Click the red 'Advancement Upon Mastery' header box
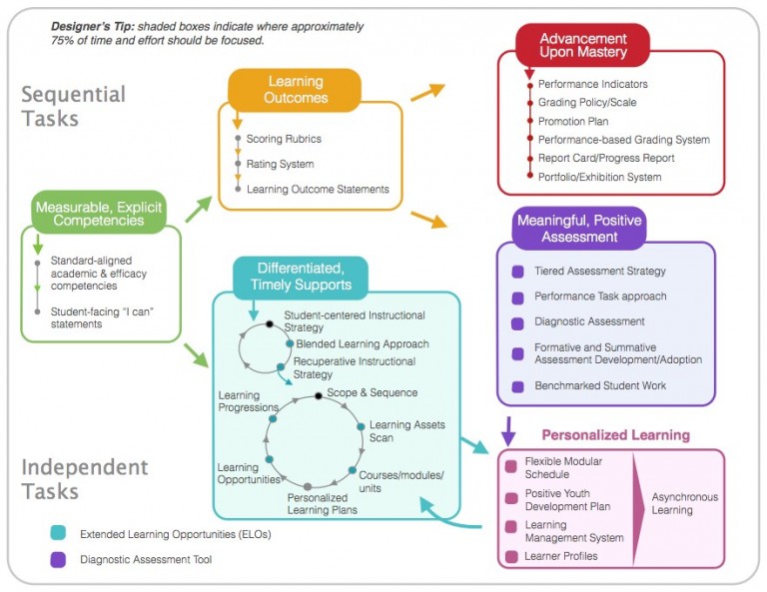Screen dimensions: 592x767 [x=582, y=45]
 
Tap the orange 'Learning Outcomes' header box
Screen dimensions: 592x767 [x=295, y=89]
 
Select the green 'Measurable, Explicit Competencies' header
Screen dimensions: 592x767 [x=98, y=211]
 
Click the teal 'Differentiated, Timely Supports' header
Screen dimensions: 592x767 [x=299, y=277]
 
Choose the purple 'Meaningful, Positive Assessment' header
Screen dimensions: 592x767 [x=578, y=228]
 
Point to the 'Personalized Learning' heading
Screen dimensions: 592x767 [x=615, y=435]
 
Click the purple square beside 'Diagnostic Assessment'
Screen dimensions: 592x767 [x=517, y=322]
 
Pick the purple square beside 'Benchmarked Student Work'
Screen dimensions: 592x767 [x=517, y=386]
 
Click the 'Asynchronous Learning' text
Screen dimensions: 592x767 [x=684, y=503]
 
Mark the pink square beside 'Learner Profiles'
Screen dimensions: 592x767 [x=511, y=555]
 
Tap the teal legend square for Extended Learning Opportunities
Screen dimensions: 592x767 [x=57, y=534]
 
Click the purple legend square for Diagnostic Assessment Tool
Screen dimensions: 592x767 [x=57, y=560]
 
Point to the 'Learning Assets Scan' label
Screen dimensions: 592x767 [x=406, y=431]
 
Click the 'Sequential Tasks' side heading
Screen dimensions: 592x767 [x=74, y=106]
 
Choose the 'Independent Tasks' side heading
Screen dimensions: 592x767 [x=85, y=479]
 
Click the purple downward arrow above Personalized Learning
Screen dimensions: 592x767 [x=507, y=430]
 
